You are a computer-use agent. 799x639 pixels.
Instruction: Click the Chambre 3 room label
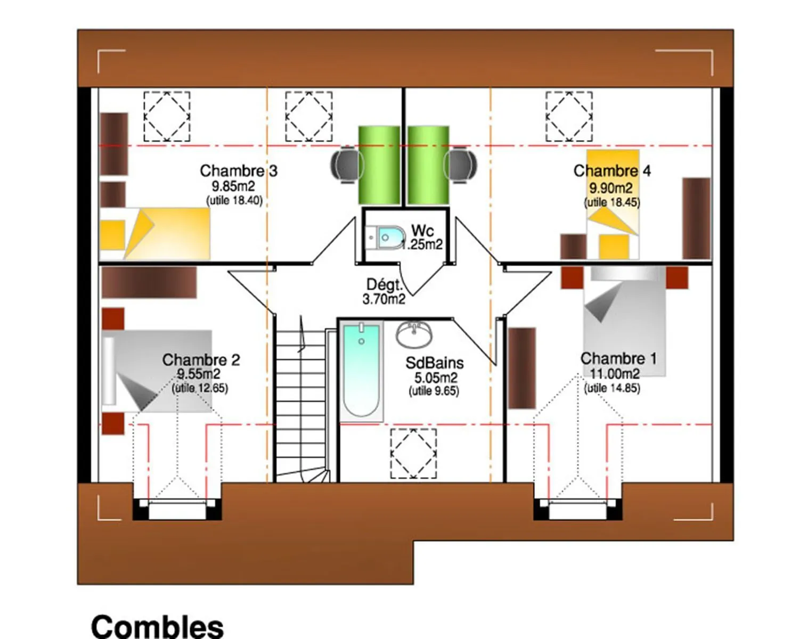[x=238, y=171]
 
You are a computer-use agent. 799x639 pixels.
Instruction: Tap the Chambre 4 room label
[x=612, y=171]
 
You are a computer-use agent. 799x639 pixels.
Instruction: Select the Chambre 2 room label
[x=201, y=359]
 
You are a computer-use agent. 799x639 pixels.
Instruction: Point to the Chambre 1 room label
[x=618, y=359]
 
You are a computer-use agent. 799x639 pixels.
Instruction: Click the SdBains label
[x=435, y=363]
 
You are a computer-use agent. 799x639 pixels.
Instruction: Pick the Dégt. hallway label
[x=384, y=285]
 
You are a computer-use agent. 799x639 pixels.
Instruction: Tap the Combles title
[x=157, y=627]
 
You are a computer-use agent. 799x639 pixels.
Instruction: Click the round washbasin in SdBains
[x=414, y=334]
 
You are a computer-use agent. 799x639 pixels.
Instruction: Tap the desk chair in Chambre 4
[x=461, y=165]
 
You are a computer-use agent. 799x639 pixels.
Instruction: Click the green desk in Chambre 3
[x=379, y=165]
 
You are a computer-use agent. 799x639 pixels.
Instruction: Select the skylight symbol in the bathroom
[x=413, y=453]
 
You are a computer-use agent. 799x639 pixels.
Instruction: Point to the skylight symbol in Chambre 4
[x=569, y=116]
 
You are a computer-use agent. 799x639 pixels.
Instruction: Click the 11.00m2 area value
[x=615, y=373]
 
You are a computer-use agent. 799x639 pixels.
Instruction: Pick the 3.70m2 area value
[x=384, y=299]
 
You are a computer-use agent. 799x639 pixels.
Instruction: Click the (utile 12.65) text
[x=200, y=388]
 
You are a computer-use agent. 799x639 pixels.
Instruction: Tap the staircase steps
[x=301, y=401]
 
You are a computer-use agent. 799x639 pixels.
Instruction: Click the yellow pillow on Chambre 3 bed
[x=112, y=235]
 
